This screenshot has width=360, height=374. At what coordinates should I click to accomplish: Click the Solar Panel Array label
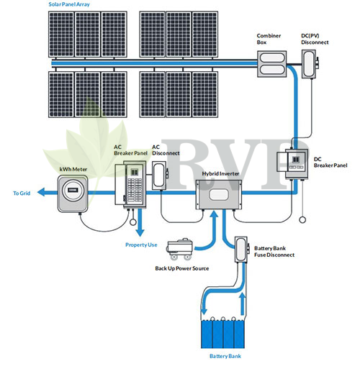[69, 4]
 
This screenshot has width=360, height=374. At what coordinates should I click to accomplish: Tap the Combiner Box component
[271, 64]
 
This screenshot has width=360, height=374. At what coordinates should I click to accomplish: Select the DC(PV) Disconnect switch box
[310, 64]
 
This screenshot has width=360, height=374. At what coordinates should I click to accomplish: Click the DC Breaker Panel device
[292, 164]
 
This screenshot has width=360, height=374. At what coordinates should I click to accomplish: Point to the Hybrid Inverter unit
[219, 195]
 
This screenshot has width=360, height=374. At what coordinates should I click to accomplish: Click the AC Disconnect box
[160, 175]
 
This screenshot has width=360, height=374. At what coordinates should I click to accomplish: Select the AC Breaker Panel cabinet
[130, 185]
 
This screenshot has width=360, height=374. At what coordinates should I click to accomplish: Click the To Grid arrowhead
[41, 192]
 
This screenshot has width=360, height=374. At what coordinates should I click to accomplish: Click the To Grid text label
[22, 193]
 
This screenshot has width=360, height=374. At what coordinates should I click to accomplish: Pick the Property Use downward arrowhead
[140, 233]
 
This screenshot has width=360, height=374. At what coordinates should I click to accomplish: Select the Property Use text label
[141, 245]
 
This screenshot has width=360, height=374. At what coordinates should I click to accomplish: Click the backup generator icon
[180, 249]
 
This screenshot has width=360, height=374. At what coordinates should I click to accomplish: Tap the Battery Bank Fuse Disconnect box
[241, 250]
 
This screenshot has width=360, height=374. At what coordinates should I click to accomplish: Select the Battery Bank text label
[225, 356]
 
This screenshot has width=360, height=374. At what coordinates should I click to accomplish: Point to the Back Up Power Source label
[182, 268]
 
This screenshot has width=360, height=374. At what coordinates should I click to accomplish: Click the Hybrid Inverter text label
[220, 174]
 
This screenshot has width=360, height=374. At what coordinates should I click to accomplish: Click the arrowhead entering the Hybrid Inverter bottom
[214, 214]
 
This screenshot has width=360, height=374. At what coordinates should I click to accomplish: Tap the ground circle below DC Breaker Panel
[302, 219]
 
